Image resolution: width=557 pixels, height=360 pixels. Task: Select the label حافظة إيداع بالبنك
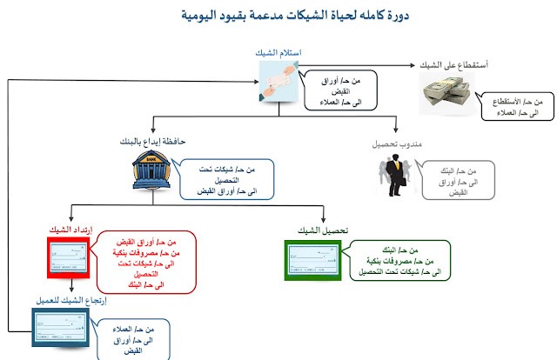pos(154,141)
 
